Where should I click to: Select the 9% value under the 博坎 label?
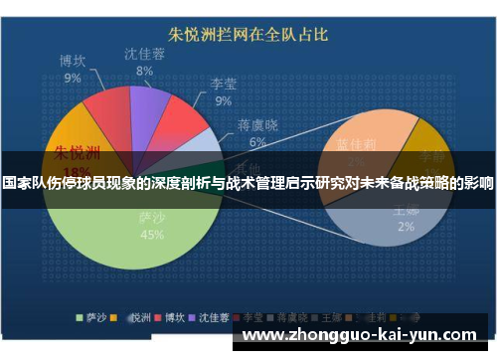(73, 77)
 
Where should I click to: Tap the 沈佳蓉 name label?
(145, 54)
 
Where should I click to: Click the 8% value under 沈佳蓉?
(145, 71)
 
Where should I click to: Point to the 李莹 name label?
(223, 85)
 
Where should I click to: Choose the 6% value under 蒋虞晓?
(257, 141)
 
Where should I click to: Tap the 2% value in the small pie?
(406, 226)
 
